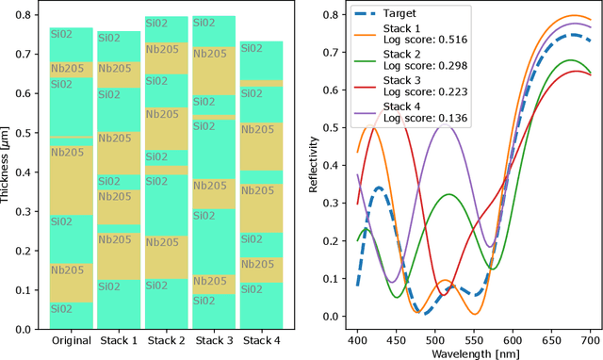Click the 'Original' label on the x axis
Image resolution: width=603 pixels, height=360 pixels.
71,340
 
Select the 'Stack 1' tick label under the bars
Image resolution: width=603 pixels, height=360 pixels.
119,340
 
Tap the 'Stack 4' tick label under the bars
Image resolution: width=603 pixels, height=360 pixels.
262,340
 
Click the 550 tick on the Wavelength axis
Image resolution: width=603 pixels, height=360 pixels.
513,337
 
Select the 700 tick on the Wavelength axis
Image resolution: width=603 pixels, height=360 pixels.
590,337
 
